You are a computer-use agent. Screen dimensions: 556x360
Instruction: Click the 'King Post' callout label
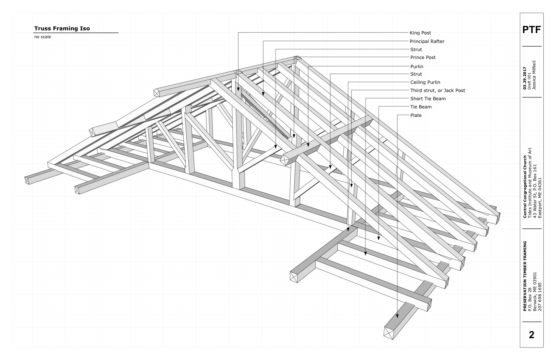tap(420, 33)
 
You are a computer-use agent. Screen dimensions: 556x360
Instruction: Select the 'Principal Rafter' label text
tap(427, 41)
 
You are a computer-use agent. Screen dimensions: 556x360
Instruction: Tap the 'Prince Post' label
tap(423, 57)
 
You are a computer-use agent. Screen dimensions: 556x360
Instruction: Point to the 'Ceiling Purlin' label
tap(425, 82)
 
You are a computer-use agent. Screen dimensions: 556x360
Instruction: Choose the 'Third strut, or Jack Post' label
tap(437, 90)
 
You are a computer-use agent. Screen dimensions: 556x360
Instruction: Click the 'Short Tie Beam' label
tap(428, 99)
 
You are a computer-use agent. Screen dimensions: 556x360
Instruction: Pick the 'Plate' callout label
tap(416, 115)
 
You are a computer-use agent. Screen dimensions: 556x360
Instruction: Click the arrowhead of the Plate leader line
tap(397, 316)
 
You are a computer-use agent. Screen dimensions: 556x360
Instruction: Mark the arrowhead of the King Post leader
tap(238, 89)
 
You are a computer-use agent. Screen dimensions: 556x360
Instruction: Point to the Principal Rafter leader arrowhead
tap(263, 94)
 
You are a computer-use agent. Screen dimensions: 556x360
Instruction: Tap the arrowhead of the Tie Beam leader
tap(379, 238)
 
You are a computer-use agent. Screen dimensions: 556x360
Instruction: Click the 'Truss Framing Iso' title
tap(62, 28)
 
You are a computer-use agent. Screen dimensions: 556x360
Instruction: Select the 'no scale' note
tap(43, 37)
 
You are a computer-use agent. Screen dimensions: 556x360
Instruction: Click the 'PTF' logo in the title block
tap(531, 30)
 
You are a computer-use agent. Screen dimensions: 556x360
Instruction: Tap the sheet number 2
tap(531, 335)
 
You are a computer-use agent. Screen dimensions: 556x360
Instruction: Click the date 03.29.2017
tap(524, 78)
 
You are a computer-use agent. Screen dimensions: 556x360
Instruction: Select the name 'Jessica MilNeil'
tap(534, 75)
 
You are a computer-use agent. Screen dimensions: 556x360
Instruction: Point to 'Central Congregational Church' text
tap(525, 186)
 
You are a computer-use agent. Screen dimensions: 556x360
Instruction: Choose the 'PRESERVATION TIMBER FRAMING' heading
tap(525, 276)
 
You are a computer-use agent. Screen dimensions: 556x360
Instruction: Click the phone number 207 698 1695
tap(539, 297)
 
